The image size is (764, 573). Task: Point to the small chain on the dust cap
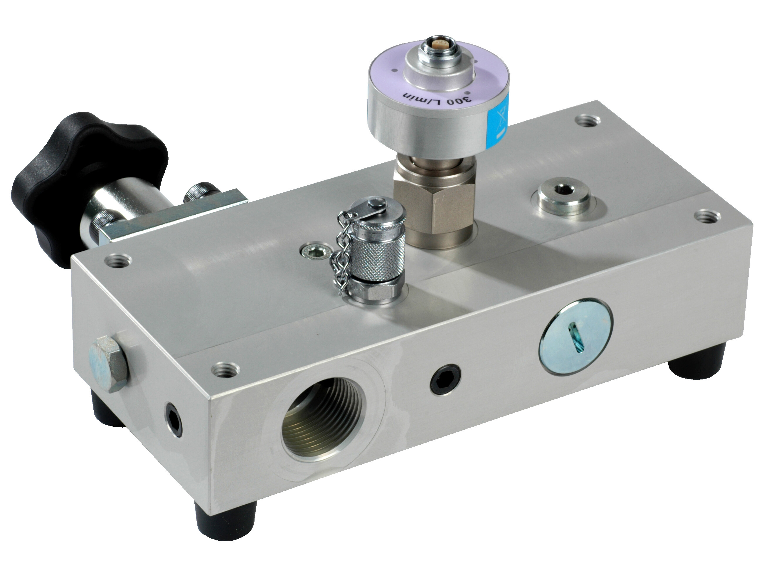tap(341, 249)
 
